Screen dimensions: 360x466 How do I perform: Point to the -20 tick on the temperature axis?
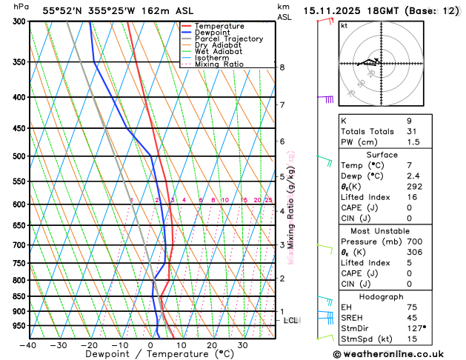click(x=90, y=344)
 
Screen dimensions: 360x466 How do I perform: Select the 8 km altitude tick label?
click(x=282, y=67)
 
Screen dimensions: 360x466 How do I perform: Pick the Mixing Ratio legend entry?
click(x=219, y=64)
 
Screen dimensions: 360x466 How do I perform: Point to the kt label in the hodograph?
click(x=344, y=25)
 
